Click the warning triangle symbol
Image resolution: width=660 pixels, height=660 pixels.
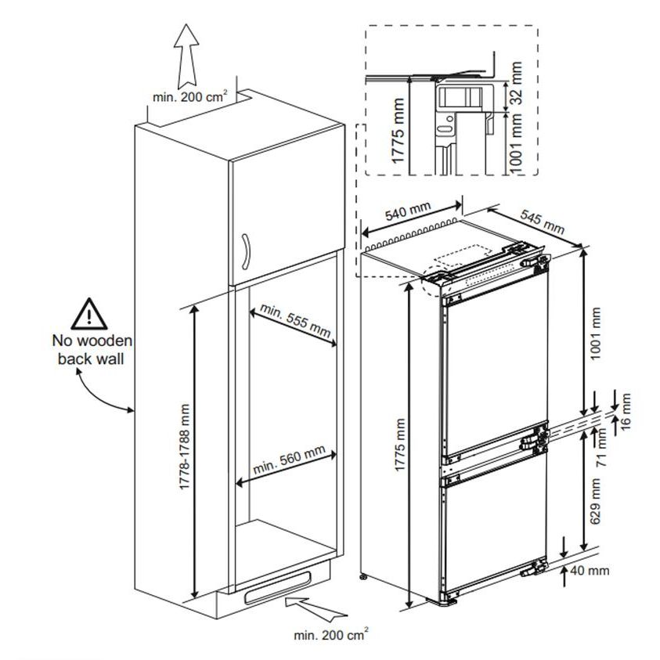tap(88, 314)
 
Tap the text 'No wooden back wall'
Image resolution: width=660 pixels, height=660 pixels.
tap(92, 350)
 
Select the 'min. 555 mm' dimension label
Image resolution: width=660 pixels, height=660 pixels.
tap(295, 320)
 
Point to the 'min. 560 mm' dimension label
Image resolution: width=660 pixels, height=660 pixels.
tap(289, 459)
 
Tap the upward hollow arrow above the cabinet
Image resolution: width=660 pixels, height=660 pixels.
tap(186, 56)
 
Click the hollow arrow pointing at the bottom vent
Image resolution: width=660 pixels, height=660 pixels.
tap(315, 608)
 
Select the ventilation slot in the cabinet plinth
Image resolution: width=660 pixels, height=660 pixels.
tap(278, 588)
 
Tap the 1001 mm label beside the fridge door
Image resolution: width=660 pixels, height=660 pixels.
tap(595, 334)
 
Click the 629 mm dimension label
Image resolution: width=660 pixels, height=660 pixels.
tap(595, 501)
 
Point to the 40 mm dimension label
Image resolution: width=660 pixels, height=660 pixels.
tap(590, 571)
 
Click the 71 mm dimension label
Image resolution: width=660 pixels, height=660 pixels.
tap(602, 447)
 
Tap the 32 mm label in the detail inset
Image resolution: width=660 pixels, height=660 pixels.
tap(516, 83)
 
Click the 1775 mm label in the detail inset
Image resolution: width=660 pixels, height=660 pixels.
tap(398, 131)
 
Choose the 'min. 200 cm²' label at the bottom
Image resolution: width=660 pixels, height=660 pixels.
tap(331, 634)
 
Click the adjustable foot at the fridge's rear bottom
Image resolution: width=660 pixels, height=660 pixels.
tap(362, 577)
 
